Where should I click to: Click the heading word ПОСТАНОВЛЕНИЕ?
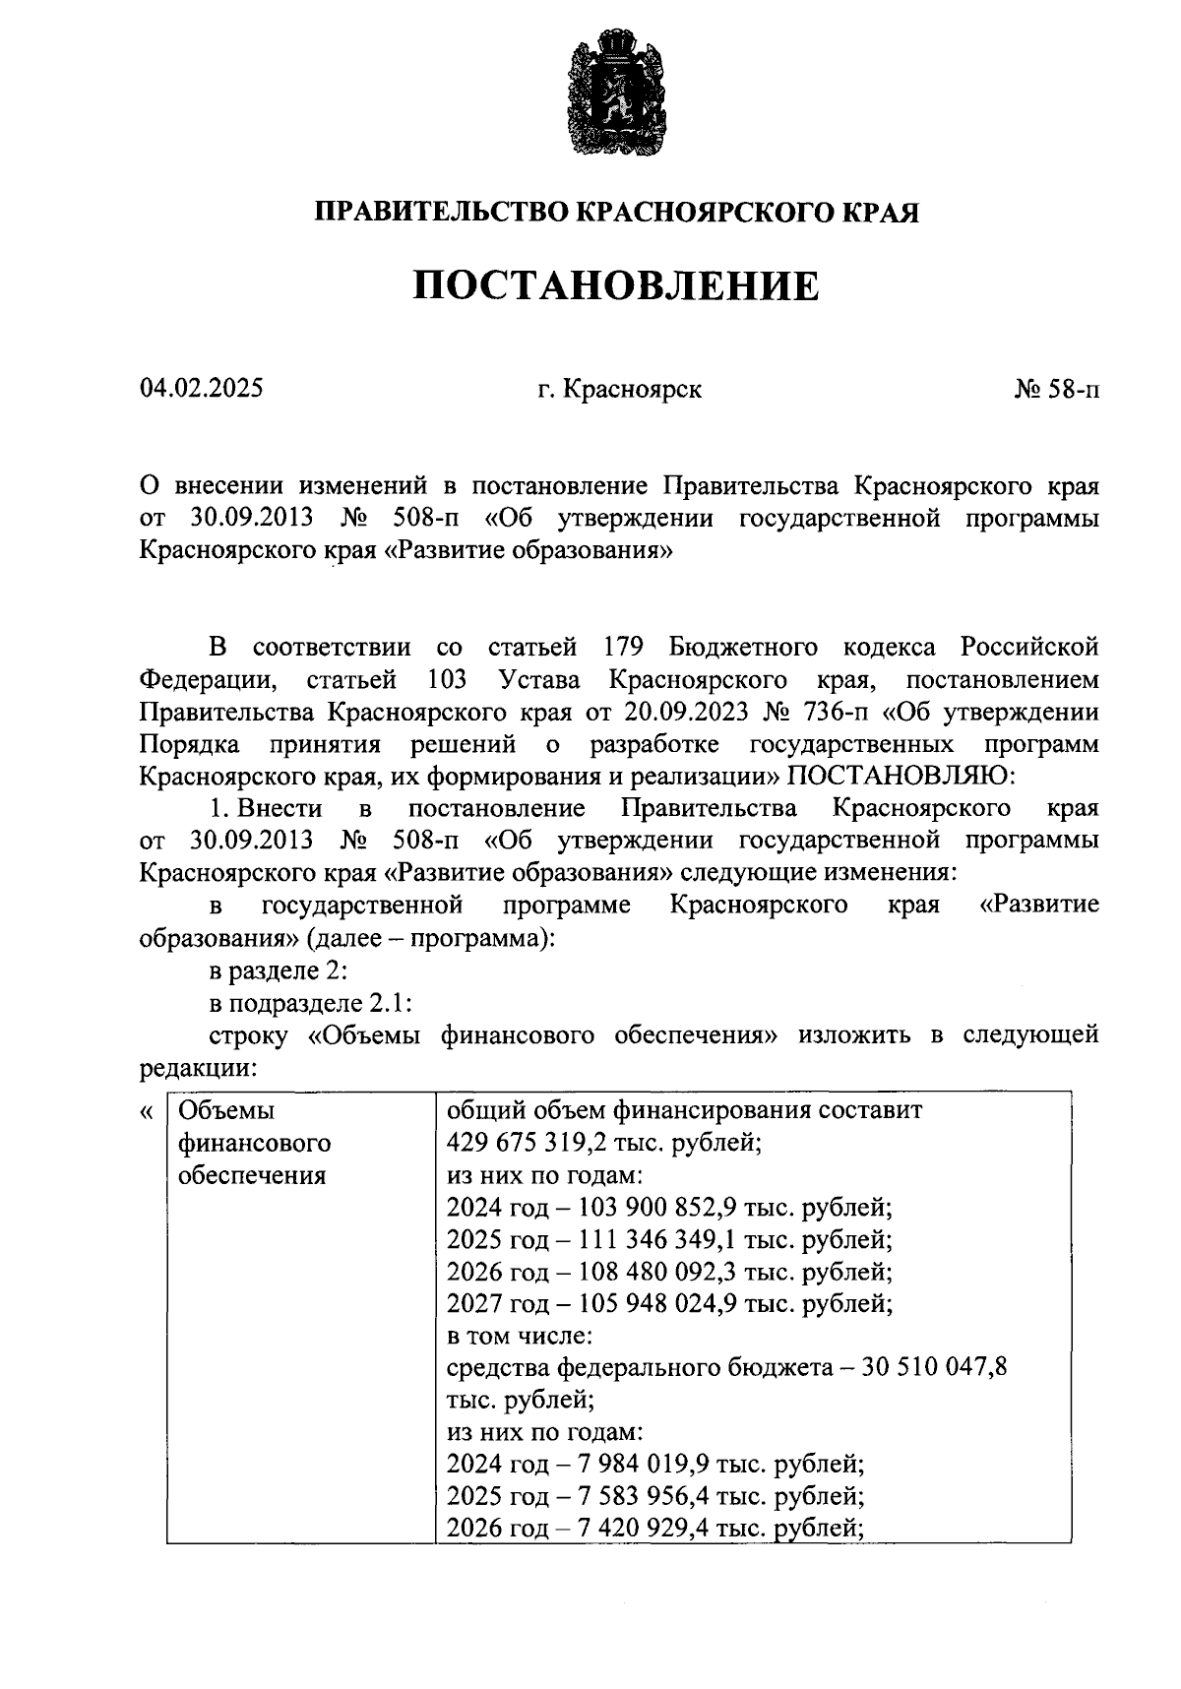click(x=615, y=286)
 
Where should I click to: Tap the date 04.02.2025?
click(x=202, y=389)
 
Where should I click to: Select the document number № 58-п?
click(x=1056, y=390)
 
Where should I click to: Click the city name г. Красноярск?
click(x=619, y=390)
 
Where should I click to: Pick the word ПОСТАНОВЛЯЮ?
click(x=900, y=777)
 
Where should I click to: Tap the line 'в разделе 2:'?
click(x=279, y=970)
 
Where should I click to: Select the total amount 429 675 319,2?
click(x=546, y=1144)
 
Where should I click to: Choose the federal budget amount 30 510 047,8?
click(x=936, y=1369)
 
